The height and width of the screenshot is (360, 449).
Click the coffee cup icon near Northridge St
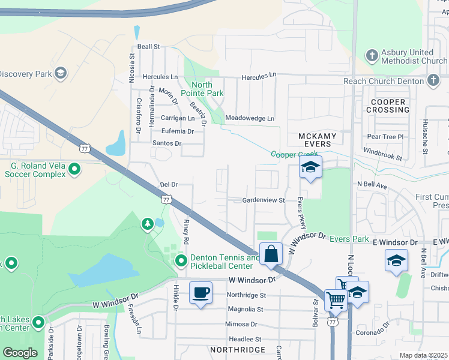coord(200,293)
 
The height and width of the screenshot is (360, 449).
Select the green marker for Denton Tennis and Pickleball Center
coord(181,261)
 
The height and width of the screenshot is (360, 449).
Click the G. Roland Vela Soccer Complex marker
coord(74,170)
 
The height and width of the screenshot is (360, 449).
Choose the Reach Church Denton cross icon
coord(433,80)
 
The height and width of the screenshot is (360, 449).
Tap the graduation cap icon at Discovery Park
coord(59,74)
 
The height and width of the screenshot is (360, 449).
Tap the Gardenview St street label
coord(263,200)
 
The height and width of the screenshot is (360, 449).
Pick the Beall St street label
coord(148,46)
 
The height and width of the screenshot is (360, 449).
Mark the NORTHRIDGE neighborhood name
coord(237,349)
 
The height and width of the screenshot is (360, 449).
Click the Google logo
coord(20,353)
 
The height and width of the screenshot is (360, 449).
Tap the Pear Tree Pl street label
coord(385,137)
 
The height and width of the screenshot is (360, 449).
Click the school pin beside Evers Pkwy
coord(310,167)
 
